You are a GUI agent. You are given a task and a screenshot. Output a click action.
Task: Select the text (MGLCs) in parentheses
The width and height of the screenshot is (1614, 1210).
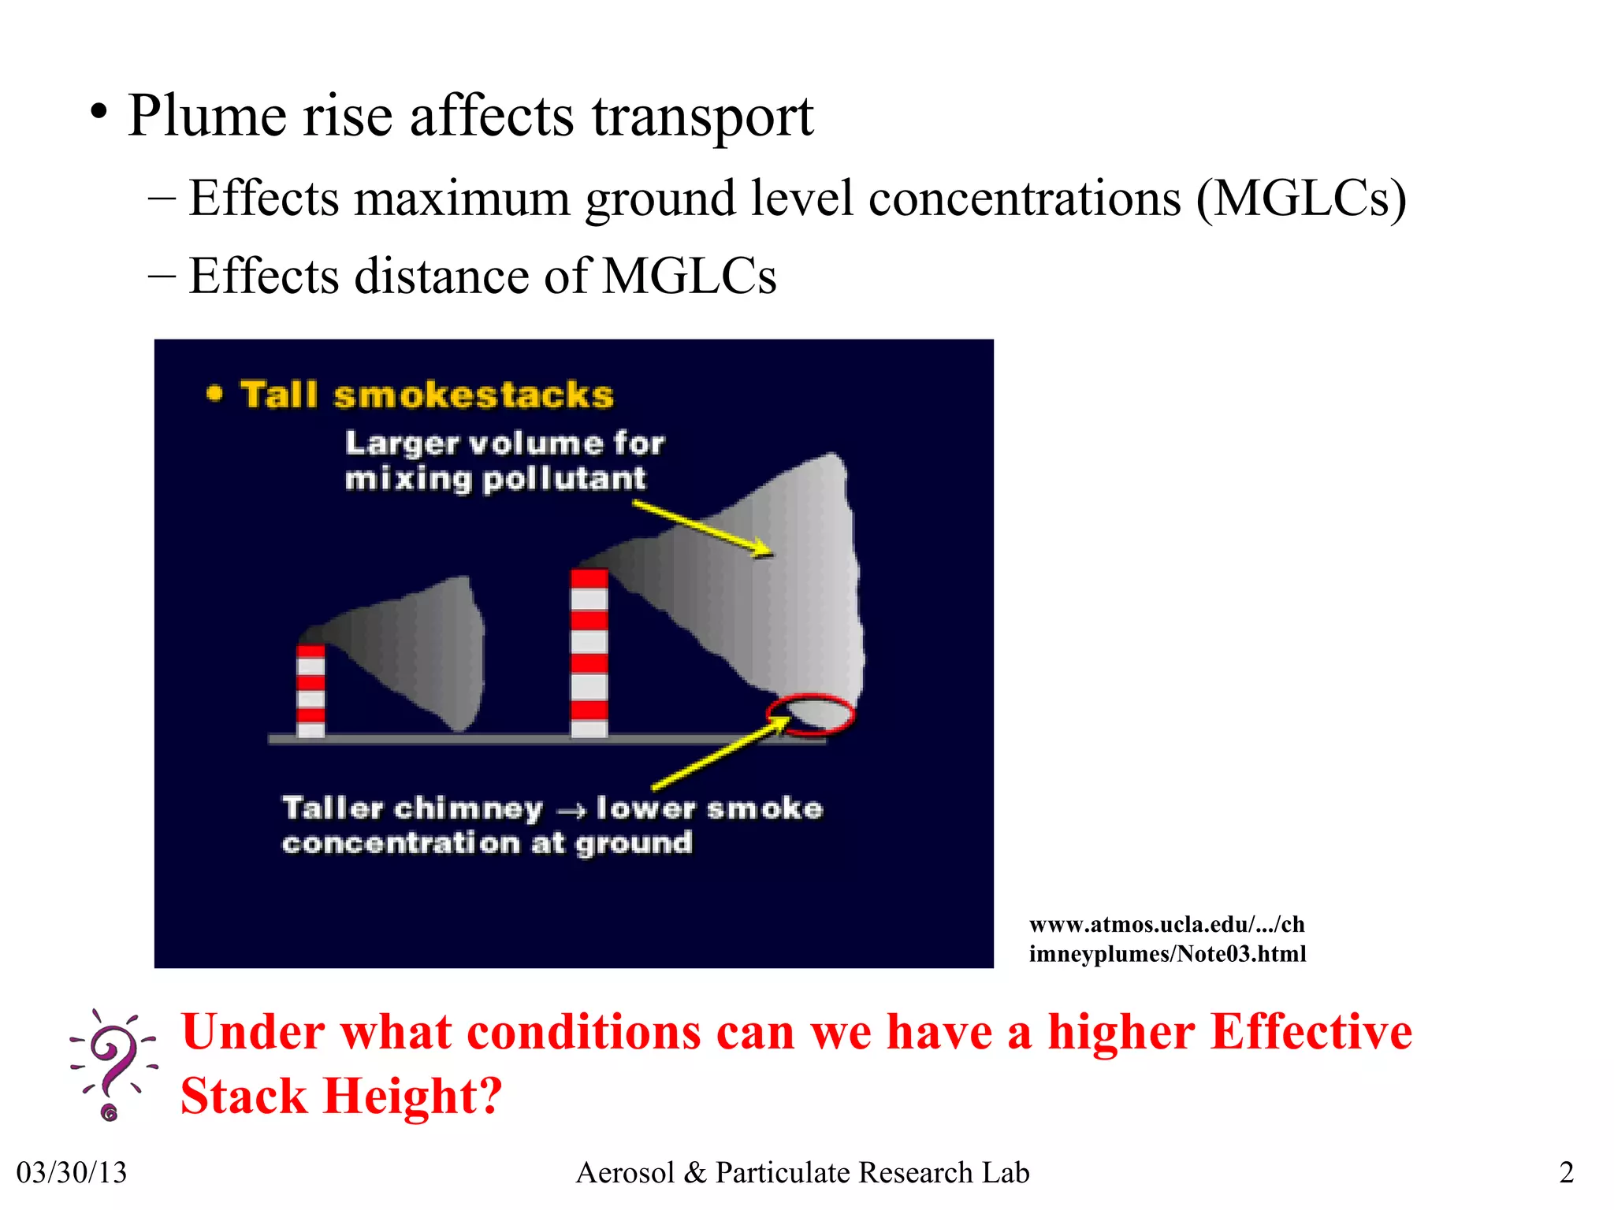[1300, 199]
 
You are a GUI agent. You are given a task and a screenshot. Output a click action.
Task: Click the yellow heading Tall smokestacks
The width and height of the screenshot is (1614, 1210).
[426, 395]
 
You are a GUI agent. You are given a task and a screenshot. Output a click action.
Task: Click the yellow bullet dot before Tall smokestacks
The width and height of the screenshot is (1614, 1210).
[214, 393]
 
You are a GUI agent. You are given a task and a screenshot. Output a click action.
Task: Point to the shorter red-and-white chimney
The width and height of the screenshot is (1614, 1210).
[311, 691]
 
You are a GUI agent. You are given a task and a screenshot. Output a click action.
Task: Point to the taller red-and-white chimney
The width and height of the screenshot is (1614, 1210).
[589, 653]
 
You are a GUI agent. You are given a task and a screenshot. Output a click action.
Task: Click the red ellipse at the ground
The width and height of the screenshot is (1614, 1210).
[811, 714]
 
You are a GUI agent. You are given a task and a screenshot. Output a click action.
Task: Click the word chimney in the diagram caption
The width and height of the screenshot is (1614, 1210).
[468, 809]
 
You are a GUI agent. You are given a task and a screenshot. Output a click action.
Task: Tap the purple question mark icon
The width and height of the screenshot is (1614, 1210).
[113, 1063]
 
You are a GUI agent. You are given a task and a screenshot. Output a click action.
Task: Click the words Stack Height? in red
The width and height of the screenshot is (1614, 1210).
[340, 1096]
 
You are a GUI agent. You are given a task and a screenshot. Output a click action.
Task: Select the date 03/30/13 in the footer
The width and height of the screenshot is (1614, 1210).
[72, 1172]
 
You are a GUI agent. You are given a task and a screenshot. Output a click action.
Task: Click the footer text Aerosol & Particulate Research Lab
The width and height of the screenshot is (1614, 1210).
[802, 1172]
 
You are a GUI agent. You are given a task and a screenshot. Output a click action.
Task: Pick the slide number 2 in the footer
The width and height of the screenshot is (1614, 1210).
[1566, 1172]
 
